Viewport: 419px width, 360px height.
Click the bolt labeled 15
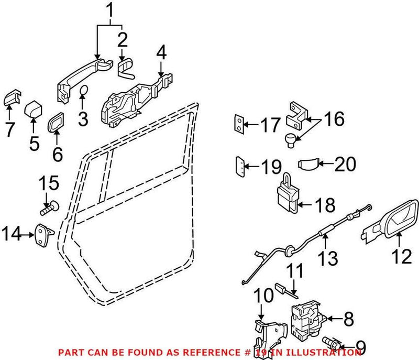pos(48,209)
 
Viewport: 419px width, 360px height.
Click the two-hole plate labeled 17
pos(238,125)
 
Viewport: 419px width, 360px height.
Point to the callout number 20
pos(345,165)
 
